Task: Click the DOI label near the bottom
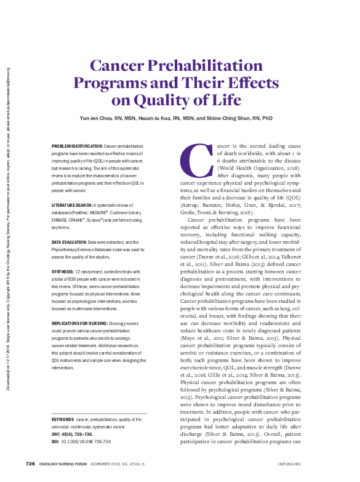(55, 442)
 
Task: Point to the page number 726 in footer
(30, 463)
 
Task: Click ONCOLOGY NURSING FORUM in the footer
(64, 463)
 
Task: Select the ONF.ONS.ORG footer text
(289, 463)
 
